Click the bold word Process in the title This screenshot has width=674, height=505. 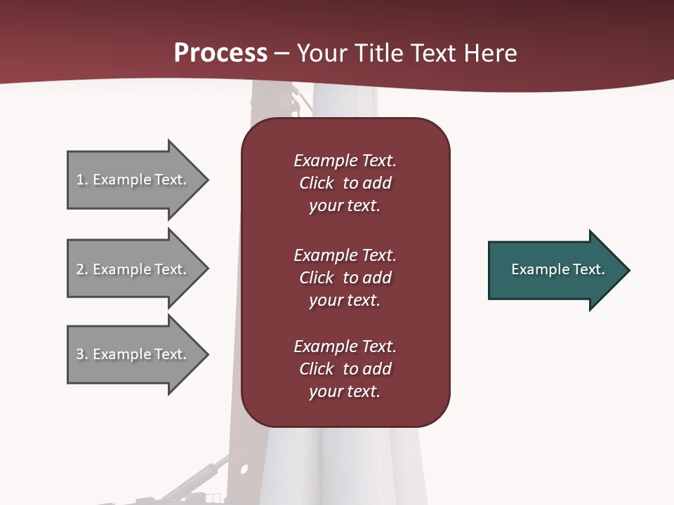tap(220, 53)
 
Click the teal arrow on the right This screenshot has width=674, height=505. tap(555, 270)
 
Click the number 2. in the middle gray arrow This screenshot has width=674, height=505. tap(81, 269)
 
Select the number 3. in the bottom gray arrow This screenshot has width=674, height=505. tap(81, 354)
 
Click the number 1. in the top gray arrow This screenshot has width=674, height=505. tap(81, 180)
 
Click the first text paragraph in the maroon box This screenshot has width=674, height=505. tap(345, 183)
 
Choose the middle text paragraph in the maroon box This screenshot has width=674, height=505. tap(345, 278)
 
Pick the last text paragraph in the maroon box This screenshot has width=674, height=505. tap(345, 369)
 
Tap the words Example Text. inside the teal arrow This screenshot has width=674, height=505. tap(557, 269)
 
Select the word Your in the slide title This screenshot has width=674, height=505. tap(324, 53)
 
